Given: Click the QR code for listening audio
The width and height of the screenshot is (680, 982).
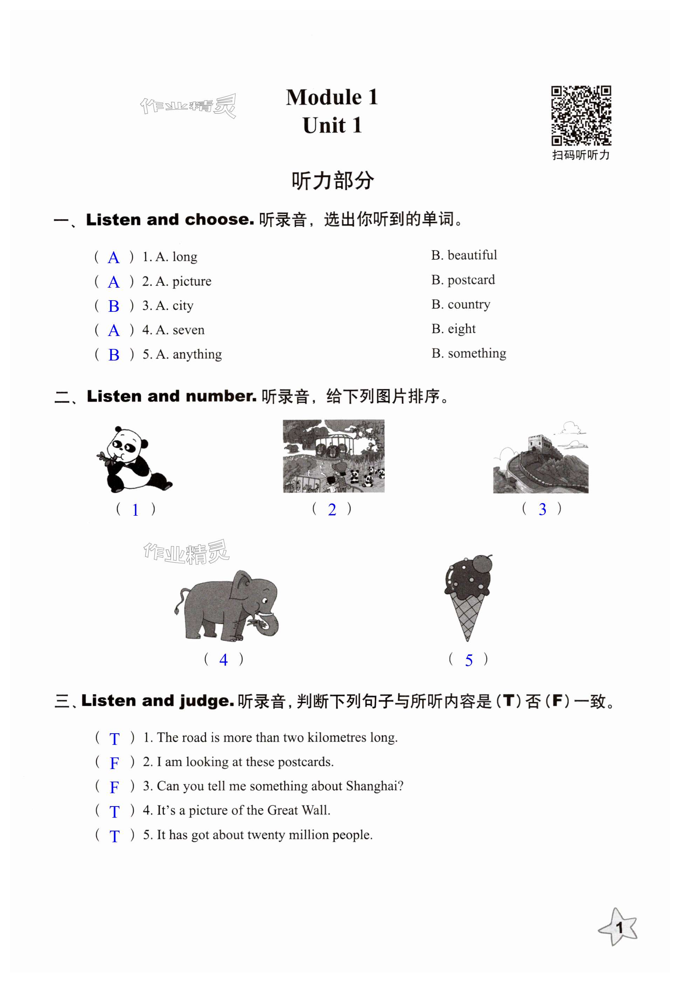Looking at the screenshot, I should tap(581, 116).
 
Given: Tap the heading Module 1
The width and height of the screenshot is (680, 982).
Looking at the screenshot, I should tap(331, 97).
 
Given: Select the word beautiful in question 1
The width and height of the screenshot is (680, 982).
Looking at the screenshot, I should tap(472, 255).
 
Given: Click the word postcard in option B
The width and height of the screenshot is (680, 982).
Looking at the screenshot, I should tap(471, 280).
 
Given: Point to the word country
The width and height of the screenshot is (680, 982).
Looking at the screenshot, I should tap(469, 304).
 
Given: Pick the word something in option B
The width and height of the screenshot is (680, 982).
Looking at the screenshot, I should tap(477, 353).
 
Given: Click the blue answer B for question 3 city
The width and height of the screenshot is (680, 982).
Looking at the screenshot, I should tap(114, 306).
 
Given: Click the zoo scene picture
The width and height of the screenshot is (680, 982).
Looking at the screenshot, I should tap(333, 456).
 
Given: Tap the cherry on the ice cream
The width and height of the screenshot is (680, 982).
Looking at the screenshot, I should tap(482, 564).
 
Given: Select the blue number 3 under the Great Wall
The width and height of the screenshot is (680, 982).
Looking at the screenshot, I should tap(542, 509).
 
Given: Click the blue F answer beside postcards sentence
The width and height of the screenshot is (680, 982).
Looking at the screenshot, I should tap(114, 763).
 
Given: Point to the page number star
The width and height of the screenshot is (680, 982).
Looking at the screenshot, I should tap(619, 927).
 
